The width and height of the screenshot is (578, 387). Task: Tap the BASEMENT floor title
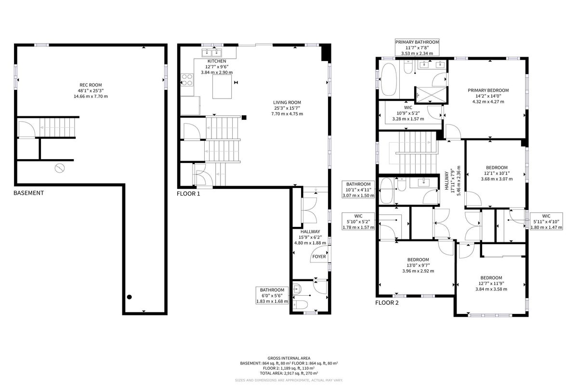(28, 193)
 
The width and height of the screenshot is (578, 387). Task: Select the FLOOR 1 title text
(188, 194)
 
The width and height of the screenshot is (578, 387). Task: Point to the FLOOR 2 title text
(387, 302)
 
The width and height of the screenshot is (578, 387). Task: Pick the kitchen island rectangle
(222, 87)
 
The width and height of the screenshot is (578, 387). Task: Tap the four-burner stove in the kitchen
(187, 79)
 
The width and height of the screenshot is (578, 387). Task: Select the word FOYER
(319, 256)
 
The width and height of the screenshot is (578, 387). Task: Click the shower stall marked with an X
(431, 95)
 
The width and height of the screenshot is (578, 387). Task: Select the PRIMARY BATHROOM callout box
(417, 48)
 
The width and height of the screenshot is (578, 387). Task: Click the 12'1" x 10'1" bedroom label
(497, 173)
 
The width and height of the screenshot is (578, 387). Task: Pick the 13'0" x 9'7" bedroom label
(418, 265)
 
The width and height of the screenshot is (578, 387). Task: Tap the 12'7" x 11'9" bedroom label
(491, 283)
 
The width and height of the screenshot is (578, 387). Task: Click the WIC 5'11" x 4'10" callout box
(546, 222)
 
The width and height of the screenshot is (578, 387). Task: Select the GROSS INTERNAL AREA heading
(289, 358)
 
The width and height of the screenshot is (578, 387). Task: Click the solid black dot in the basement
(130, 297)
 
